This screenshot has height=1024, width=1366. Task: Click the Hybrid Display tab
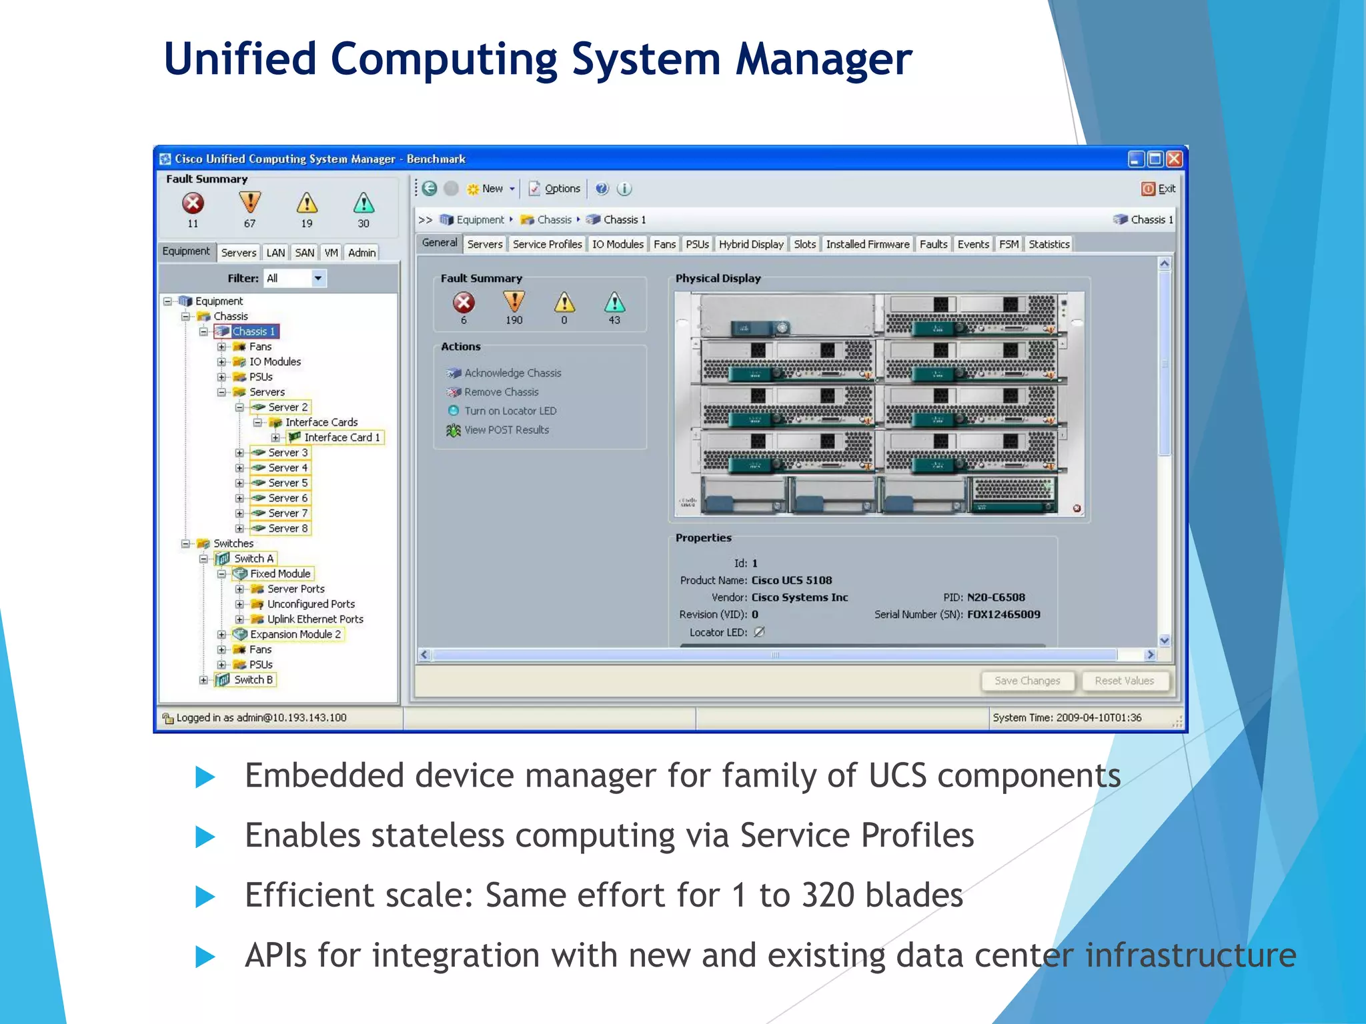click(x=751, y=244)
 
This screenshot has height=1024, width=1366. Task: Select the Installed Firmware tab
click(x=867, y=244)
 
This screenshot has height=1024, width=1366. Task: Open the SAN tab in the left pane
click(x=304, y=253)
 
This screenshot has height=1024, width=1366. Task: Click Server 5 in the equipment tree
click(x=287, y=483)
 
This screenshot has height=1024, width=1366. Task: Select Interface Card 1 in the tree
click(x=341, y=437)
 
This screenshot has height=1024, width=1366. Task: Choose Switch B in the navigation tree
click(x=253, y=679)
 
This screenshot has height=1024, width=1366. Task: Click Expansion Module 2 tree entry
click(x=295, y=634)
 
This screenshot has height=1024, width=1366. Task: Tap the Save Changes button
click(x=1027, y=681)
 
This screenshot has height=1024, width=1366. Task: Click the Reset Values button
click(x=1124, y=681)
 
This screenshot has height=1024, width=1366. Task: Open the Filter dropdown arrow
click(x=318, y=278)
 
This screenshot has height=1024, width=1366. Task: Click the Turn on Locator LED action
click(x=510, y=411)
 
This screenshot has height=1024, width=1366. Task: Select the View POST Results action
click(x=506, y=430)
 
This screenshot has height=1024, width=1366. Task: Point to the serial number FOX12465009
click(x=1003, y=614)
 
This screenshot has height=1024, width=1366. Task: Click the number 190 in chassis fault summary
click(x=514, y=320)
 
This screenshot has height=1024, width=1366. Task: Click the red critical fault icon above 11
click(x=193, y=203)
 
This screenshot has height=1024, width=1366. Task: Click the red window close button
click(x=1174, y=159)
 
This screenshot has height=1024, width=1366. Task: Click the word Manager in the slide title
click(x=823, y=59)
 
